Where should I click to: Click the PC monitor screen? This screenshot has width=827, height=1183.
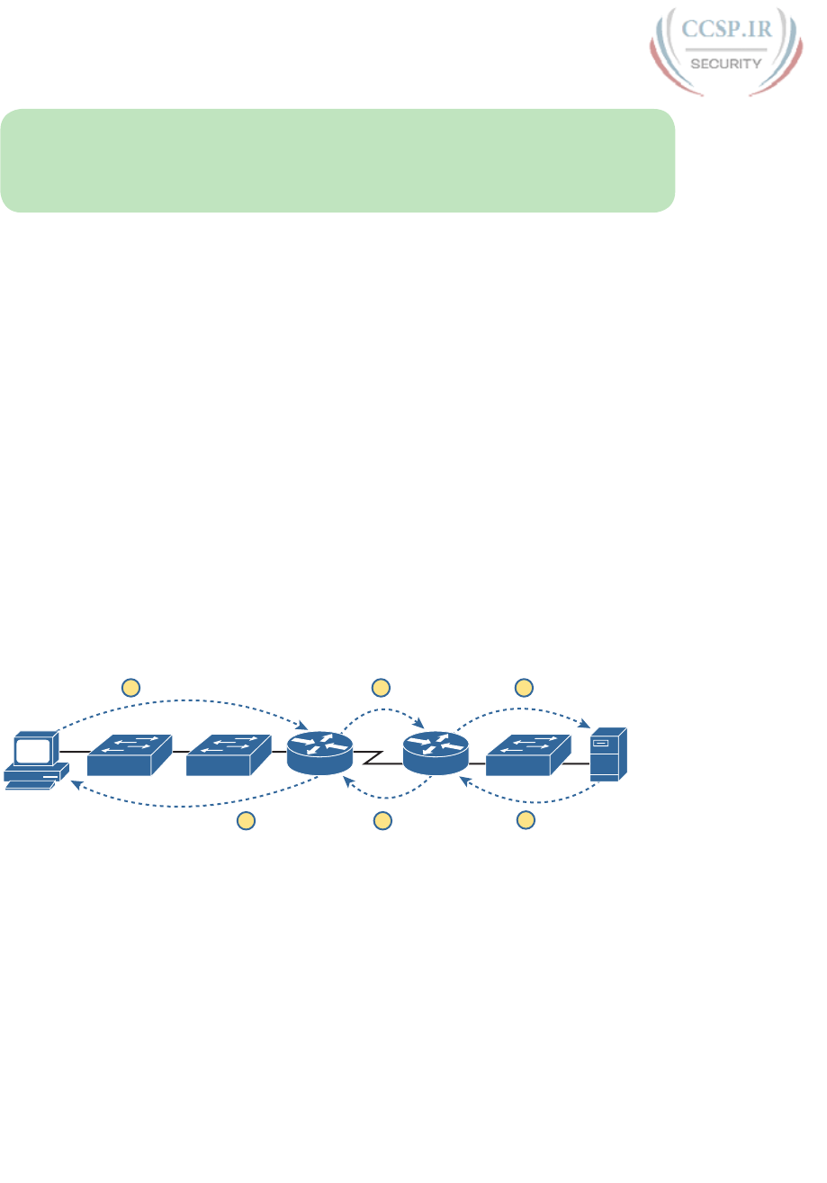point(31,751)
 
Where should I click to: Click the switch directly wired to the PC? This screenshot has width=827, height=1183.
point(129,754)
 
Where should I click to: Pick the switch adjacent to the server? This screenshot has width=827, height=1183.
point(527,754)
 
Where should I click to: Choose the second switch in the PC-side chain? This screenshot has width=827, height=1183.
point(228,754)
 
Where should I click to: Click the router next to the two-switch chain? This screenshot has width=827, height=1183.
point(319,751)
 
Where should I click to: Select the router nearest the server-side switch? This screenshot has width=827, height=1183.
point(436,751)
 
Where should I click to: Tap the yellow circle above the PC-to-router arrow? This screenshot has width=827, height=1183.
point(130,688)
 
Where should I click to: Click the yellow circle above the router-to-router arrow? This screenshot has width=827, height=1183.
point(382,688)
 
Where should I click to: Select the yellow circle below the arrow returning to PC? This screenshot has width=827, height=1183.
point(245,819)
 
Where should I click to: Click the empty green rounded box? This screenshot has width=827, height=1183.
point(337,160)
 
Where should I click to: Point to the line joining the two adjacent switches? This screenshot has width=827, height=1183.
point(177,751)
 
